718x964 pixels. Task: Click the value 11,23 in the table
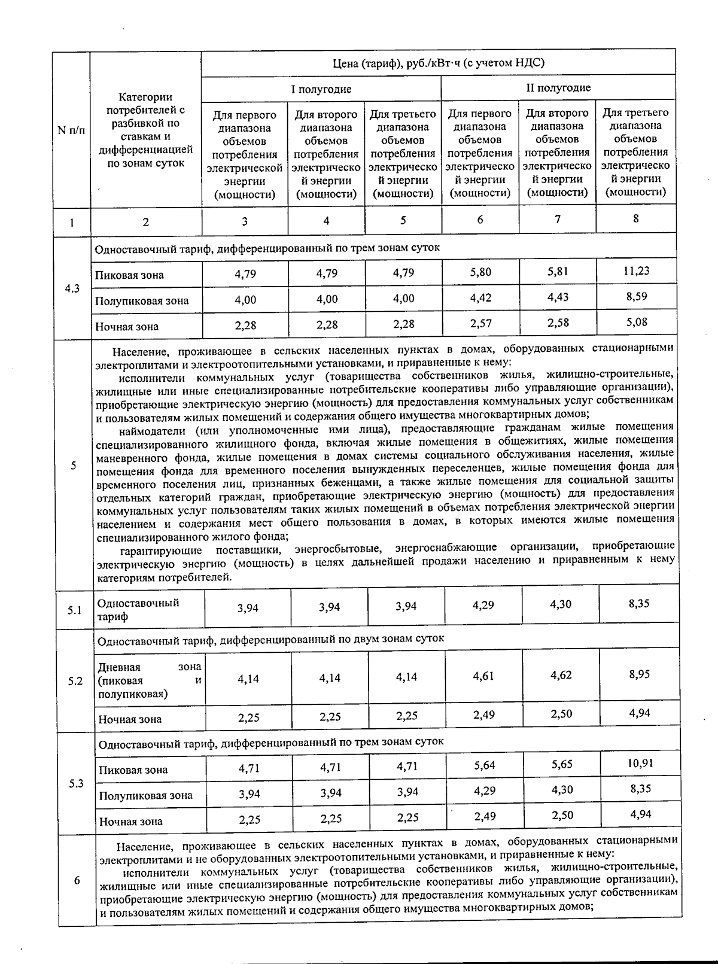click(636, 271)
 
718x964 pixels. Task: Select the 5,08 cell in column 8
click(637, 322)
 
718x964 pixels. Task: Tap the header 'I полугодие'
click(321, 89)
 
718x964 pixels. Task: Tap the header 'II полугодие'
click(558, 88)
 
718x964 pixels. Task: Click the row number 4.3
click(72, 288)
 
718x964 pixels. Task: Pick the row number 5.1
click(75, 610)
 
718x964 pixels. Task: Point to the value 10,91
click(640, 763)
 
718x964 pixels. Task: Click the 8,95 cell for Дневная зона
click(639, 674)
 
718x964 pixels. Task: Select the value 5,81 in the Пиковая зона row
click(558, 272)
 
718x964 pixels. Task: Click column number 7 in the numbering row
click(558, 219)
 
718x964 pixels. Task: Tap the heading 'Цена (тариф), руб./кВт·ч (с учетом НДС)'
click(439, 63)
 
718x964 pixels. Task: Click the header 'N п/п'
click(71, 130)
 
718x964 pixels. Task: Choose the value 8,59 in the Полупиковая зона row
click(637, 296)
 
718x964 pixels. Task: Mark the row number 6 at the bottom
click(77, 880)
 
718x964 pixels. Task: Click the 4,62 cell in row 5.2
click(561, 675)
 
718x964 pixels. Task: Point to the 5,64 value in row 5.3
click(484, 765)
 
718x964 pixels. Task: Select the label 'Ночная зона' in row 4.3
click(127, 327)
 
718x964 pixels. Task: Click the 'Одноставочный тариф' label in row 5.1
click(138, 609)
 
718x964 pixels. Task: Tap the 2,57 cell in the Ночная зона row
click(480, 324)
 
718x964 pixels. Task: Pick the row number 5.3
click(76, 783)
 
